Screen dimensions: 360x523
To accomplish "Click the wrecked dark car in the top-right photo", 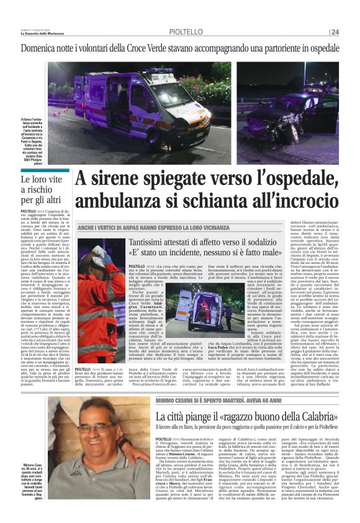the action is [x=292, y=118].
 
